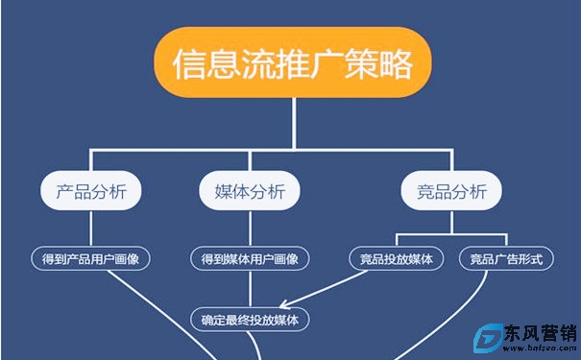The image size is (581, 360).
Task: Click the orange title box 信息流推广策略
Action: [292, 63]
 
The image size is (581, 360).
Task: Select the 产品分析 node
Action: [90, 191]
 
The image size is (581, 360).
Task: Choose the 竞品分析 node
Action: [451, 191]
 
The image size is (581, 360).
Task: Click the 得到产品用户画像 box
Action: [91, 258]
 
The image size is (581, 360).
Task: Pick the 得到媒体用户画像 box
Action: [250, 258]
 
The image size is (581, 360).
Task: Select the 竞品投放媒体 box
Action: [398, 258]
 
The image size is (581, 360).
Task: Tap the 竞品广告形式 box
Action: [506, 258]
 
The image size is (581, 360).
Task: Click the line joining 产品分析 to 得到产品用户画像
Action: [90, 228]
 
